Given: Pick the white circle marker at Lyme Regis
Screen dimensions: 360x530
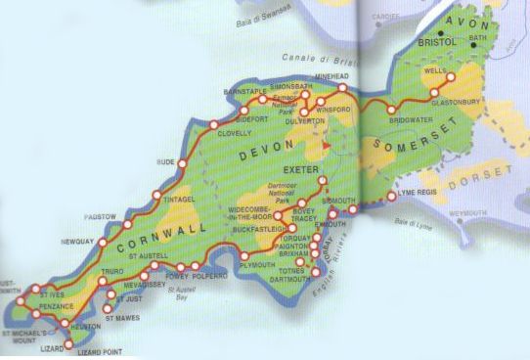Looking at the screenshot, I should [392, 197].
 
